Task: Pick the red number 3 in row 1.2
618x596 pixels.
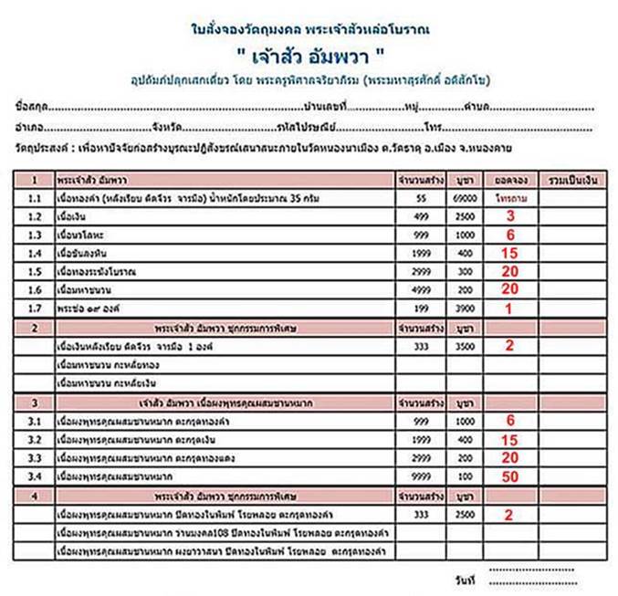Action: click(x=511, y=215)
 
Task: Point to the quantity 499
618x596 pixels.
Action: click(x=421, y=215)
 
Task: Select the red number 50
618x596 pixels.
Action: click(x=511, y=475)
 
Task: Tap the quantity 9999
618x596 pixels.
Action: click(x=421, y=475)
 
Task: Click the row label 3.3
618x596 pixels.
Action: click(x=35, y=455)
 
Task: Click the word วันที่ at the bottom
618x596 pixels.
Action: click(x=464, y=580)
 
